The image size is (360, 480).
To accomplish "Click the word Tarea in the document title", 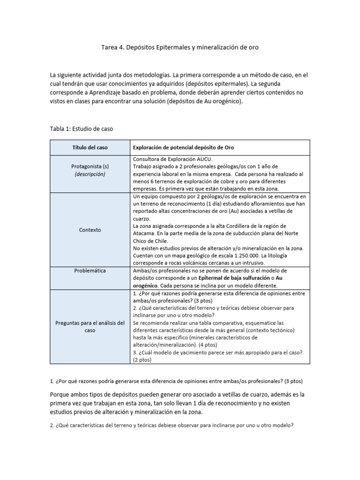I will [x=110, y=48].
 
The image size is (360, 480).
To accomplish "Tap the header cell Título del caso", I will [x=89, y=147].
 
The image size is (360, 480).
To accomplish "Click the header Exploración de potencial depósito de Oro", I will [x=184, y=147].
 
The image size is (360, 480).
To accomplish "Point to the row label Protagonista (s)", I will [x=89, y=166].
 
